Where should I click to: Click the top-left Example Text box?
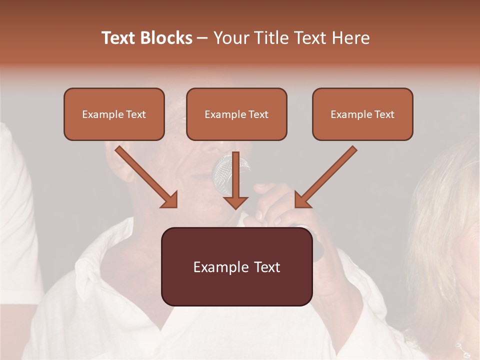pyautogui.click(x=114, y=114)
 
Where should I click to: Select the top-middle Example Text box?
pyautogui.click(x=236, y=114)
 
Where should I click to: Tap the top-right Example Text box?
pyautogui.click(x=362, y=114)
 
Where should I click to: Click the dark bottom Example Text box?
pyautogui.click(x=236, y=266)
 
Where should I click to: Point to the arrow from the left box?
pyautogui.click(x=145, y=176)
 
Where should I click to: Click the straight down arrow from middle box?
pyautogui.click(x=235, y=180)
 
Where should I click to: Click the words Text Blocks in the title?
pyautogui.click(x=147, y=38)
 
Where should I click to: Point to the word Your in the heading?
pyautogui.click(x=231, y=38)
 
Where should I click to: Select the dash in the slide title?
pyautogui.click(x=202, y=38)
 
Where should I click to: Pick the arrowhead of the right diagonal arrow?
pyautogui.click(x=302, y=200)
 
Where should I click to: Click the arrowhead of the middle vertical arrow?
pyautogui.click(x=235, y=202)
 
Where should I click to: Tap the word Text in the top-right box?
pyautogui.click(x=384, y=114)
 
